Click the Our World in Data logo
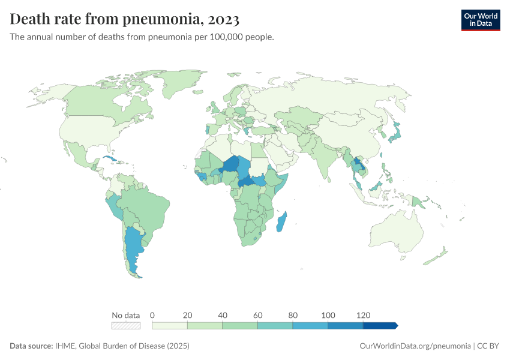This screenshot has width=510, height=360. [x=480, y=20]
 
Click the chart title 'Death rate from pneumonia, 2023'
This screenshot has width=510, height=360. [x=125, y=20]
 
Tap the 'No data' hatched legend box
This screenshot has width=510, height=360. [x=126, y=325]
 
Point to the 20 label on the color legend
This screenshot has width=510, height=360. [x=187, y=315]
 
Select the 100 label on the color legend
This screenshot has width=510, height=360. [x=328, y=315]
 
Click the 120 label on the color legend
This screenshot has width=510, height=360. [x=363, y=315]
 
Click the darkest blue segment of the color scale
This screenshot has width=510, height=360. [x=380, y=325]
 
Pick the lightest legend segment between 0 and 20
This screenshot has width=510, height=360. [x=170, y=325]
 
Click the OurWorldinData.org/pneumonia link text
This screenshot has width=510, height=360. [x=415, y=346]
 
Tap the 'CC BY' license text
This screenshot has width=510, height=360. [x=489, y=346]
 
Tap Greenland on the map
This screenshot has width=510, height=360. [x=180, y=87]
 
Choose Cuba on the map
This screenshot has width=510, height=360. [x=109, y=160]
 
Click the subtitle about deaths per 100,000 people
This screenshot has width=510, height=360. [x=142, y=37]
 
